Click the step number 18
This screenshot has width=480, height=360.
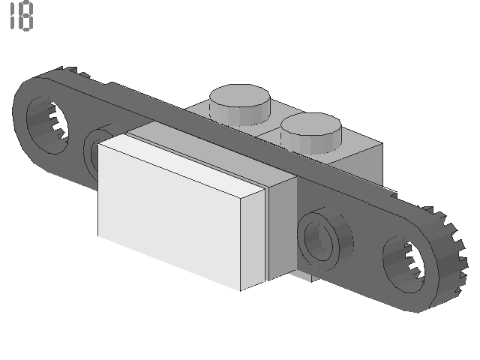point(21,16)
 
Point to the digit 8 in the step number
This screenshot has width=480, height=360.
point(26,16)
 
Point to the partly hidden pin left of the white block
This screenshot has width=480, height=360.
point(94,154)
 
